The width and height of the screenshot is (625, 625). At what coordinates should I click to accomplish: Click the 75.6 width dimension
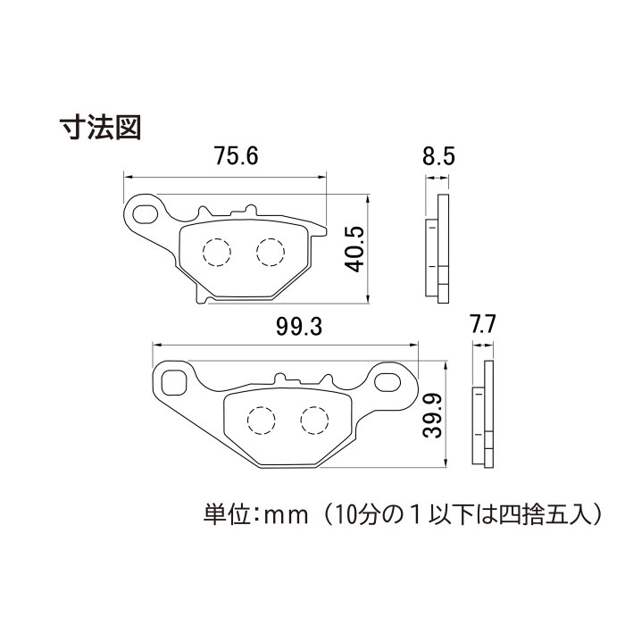click(x=236, y=157)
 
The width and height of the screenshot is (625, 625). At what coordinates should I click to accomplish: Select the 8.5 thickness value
click(x=439, y=158)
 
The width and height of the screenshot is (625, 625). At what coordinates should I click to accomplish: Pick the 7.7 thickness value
click(x=482, y=324)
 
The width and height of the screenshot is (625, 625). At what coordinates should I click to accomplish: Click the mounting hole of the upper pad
click(x=143, y=212)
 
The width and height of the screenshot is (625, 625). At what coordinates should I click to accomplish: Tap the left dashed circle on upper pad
click(x=217, y=252)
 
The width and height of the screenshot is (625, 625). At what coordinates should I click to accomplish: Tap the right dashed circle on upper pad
click(x=270, y=251)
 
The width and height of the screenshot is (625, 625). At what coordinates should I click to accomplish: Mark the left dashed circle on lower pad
click(x=261, y=420)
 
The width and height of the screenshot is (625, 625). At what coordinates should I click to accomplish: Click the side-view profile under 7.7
click(x=483, y=413)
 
